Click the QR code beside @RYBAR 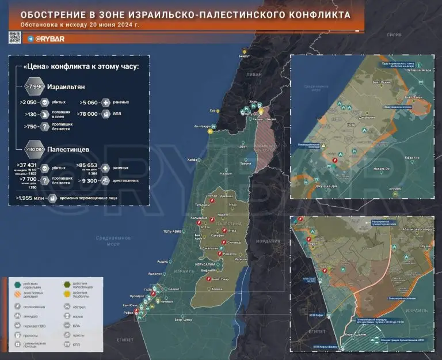[15, 38]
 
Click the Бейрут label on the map [245, 56]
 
